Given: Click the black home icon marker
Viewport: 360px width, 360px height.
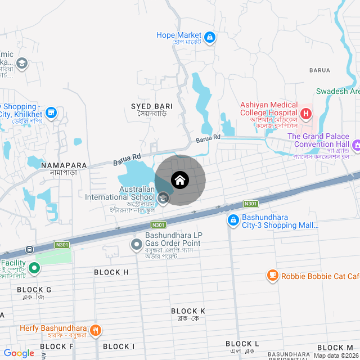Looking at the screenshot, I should (180, 180).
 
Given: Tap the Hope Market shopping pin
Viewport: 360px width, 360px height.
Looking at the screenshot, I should (210, 38).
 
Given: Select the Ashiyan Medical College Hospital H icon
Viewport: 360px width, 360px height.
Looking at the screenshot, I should (306, 114).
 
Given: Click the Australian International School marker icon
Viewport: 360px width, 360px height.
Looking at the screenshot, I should (163, 197).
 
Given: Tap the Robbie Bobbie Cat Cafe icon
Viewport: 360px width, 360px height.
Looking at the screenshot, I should (273, 276).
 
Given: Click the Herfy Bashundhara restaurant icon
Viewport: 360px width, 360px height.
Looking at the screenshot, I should (96, 330).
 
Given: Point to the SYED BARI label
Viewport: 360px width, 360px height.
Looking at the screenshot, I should (152, 106).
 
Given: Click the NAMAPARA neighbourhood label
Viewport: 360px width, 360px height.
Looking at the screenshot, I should (64, 165).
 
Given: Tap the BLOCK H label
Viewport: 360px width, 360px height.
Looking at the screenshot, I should (111, 272).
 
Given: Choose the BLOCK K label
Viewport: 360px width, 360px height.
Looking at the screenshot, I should (188, 311).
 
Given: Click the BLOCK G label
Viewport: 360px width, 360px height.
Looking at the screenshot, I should (34, 290).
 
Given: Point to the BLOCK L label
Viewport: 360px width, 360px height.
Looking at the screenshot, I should (242, 344).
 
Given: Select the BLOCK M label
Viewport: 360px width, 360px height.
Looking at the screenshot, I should (335, 348).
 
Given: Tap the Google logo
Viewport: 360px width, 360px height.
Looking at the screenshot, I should (19, 353).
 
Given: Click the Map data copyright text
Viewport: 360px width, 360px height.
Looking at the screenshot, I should (336, 355).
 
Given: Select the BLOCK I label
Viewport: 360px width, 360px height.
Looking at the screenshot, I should (119, 346).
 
